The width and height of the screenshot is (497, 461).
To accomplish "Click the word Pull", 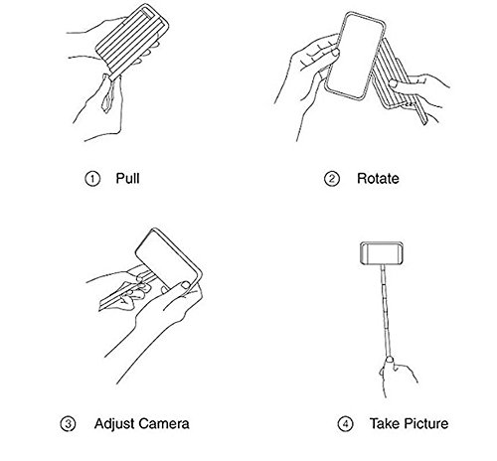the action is point(127,178).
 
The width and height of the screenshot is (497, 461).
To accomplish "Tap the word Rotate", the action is point(378,179).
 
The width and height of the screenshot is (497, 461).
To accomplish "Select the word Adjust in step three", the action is point(114,424).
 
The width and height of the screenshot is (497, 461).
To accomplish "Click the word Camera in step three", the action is point(164,424).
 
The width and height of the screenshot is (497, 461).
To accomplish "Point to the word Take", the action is point(385,423).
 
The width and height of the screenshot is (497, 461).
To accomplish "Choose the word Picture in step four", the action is point(426,423).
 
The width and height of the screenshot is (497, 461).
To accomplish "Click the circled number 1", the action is point(92,179).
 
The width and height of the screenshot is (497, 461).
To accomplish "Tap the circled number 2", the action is point(332,179).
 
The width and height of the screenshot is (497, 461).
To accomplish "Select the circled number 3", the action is point(68,424).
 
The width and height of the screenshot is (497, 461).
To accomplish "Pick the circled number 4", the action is point(346,424).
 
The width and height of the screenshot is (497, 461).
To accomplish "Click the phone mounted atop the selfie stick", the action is point(382,253).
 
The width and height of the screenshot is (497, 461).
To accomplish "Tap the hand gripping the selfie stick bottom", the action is point(396,376).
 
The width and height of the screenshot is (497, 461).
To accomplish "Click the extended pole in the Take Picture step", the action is point(386,311).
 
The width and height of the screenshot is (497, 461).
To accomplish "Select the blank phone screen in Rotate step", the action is point(355,57).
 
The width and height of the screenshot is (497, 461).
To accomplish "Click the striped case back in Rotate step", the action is point(395,79).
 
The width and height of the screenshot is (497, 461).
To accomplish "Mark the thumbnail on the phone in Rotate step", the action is point(336,53).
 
